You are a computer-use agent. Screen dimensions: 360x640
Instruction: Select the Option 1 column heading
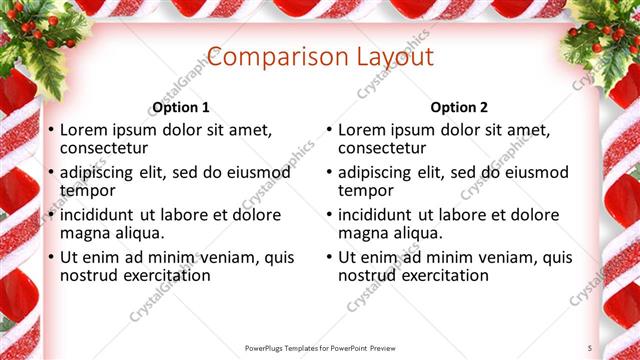[x=181, y=107]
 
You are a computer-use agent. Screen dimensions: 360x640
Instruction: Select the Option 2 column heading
[x=459, y=107]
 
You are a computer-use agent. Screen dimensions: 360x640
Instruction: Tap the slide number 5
[x=590, y=347]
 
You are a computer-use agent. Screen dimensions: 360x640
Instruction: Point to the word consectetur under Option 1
[x=107, y=148]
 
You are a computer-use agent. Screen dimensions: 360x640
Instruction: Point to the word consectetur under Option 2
[x=385, y=148]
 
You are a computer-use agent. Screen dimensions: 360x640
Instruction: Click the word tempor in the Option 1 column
[x=88, y=190]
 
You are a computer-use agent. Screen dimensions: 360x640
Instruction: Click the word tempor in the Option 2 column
[x=366, y=190]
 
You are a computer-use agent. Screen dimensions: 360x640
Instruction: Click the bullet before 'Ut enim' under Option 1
[x=51, y=258]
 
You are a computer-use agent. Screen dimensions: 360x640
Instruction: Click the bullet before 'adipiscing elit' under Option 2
[x=329, y=173]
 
